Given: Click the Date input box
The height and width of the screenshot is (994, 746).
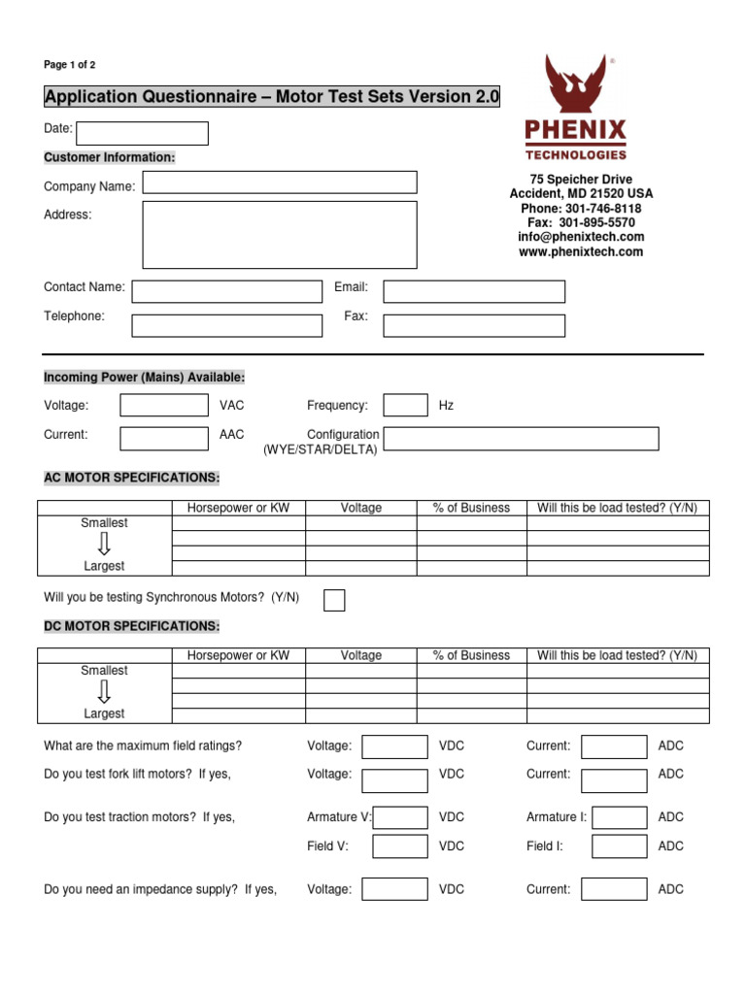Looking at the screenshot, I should pos(142,133).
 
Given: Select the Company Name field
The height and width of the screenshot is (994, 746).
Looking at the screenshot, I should pos(280,182).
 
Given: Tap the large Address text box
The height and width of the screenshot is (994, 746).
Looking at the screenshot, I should pos(280,234).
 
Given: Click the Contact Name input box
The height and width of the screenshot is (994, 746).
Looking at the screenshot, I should pos(226,291).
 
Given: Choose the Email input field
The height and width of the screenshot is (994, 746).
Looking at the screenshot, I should pos(474,291).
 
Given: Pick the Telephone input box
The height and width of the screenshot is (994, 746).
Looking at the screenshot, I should pos(226,325).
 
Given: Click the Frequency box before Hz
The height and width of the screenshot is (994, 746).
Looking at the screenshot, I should pos(405,405).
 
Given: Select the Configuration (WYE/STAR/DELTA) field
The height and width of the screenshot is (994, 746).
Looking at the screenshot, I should pos(522,439).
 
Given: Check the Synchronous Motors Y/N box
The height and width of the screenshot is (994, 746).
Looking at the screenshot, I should pos(334,600).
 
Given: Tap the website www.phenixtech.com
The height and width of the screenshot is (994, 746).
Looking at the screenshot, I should pos(581,252).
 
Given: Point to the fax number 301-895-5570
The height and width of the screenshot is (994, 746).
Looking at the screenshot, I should pos(596,222).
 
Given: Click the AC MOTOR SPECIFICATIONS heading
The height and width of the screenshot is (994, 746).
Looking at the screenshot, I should pos(132,479).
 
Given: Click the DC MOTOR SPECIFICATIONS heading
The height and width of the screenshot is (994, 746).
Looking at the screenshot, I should pos(132,626).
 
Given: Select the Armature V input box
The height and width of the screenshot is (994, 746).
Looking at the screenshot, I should pos(399,817).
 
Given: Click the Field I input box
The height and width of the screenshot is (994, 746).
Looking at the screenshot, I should pos(619,846).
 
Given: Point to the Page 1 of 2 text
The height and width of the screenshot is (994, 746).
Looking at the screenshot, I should pos(70,65).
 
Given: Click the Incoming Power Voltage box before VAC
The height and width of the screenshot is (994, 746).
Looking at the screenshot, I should pos(163,405).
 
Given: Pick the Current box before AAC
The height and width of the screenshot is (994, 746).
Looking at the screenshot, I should pos(163,439).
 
